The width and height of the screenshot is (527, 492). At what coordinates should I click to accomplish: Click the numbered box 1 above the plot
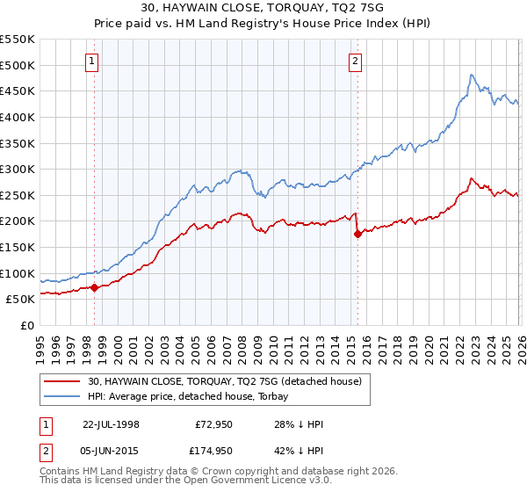[93, 61]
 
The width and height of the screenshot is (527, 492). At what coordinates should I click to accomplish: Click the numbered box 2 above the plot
[355, 61]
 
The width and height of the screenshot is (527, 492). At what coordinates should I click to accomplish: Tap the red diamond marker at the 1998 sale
[94, 287]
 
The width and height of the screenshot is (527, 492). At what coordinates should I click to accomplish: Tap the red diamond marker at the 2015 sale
[357, 234]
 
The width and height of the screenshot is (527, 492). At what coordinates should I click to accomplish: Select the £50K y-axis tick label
[20, 300]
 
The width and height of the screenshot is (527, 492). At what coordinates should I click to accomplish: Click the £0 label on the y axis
[26, 326]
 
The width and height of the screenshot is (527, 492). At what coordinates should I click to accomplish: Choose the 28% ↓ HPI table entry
[299, 423]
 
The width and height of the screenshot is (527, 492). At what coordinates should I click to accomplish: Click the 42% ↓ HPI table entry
[299, 450]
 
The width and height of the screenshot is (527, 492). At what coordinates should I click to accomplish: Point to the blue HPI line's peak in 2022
[472, 76]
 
